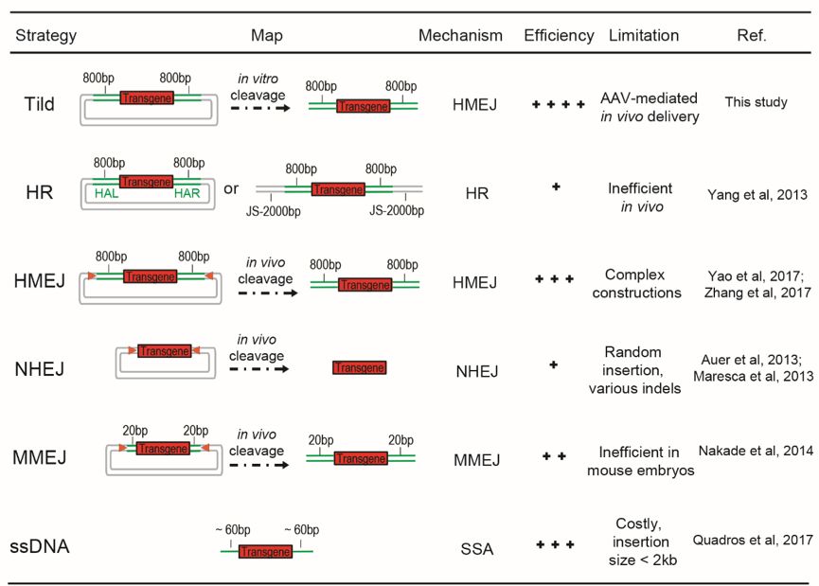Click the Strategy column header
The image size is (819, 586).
46,36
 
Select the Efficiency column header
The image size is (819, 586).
559,36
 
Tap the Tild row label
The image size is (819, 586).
39,104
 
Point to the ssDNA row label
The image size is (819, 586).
40,546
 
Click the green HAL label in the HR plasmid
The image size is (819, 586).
107,193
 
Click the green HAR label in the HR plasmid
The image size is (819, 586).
187,193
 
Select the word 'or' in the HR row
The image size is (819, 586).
231,188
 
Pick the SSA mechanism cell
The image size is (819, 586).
477,549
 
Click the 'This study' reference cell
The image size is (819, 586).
756,102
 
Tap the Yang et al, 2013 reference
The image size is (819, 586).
757,195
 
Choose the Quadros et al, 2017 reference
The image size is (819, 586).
753,540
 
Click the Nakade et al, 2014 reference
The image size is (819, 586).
756,451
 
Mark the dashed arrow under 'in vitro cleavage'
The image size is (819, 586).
260,108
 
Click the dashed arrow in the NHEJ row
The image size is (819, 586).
259,369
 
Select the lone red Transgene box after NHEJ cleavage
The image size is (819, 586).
360,367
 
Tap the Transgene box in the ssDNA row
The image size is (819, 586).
265,552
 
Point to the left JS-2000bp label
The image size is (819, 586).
274,211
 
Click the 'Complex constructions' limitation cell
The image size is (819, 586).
636,284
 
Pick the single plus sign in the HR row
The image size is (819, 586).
556,186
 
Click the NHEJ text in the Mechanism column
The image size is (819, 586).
477,371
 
